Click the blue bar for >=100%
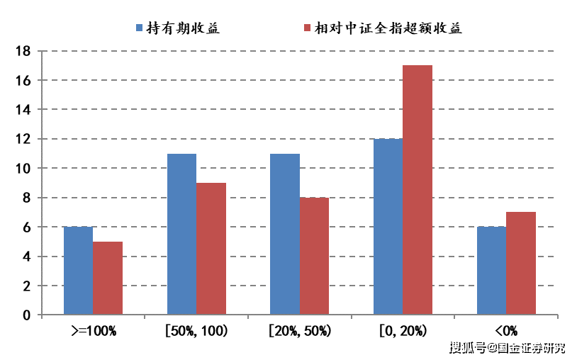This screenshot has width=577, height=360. tap(78, 271)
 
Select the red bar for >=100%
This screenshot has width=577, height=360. tap(108, 279)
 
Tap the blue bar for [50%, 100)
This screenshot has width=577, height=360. tap(181, 235)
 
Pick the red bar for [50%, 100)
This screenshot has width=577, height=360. tap(211, 249)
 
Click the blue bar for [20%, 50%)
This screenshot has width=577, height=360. tap(285, 235)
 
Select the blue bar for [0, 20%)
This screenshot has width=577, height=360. tap(388, 227)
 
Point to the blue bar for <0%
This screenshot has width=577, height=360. tap(491, 271)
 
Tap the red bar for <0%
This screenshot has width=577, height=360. tap(521, 264)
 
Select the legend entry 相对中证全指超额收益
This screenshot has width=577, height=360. tap(382, 28)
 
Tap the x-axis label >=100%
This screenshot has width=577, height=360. tap(93, 330)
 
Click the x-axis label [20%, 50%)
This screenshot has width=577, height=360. tap(300, 330)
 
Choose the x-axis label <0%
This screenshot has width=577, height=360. tap(506, 330)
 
